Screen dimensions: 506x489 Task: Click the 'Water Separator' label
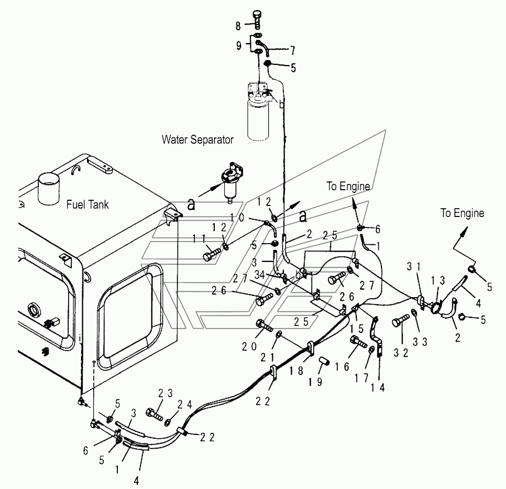pos(197,140)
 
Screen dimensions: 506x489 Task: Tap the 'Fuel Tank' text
pos(87,204)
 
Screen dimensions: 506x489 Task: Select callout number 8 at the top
pos(238,26)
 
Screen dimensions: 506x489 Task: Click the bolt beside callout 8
pos(257,20)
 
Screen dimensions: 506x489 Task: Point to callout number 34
pos(260,275)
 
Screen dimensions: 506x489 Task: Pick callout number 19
pos(315,382)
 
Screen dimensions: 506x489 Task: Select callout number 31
pos(414,266)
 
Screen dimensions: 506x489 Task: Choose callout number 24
pos(185,404)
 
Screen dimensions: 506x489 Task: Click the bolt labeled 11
pos(212,253)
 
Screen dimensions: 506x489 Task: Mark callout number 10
pos(237,218)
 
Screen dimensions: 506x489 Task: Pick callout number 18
pos(296,371)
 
